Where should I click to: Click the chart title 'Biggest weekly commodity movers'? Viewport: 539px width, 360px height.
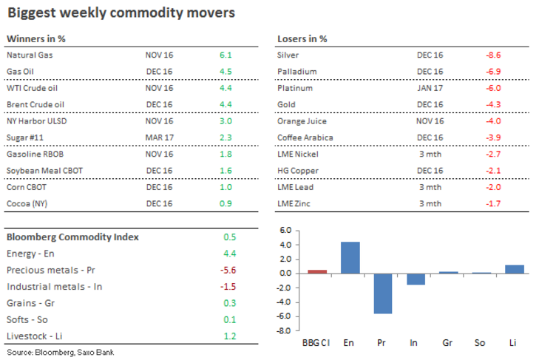121,13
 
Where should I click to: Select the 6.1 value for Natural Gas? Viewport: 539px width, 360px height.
226,55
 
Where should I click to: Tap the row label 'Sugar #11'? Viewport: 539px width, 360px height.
26,137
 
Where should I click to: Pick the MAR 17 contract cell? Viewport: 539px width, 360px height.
159,137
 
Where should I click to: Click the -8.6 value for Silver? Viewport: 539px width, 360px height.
493,55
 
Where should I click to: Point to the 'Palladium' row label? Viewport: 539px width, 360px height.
296,71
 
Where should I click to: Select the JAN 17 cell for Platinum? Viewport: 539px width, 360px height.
430,88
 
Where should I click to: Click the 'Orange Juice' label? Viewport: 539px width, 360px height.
302,120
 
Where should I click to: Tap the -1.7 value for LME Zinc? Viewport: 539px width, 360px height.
493,203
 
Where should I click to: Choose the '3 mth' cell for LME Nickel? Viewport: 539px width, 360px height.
430,154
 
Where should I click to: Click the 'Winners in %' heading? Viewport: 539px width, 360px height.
34,38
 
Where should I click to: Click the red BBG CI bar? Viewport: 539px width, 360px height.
317,271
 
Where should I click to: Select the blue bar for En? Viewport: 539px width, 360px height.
350,257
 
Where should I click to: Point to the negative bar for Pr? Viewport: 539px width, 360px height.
383,293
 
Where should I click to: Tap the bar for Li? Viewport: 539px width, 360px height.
515,269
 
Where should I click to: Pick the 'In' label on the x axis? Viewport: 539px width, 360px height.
416,344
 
